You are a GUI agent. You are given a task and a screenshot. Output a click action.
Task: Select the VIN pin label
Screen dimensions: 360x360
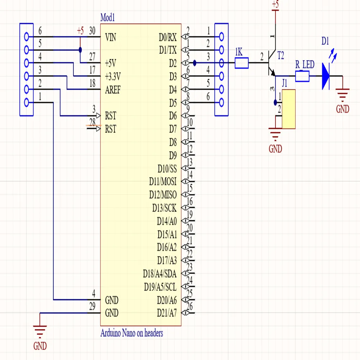click(111, 37)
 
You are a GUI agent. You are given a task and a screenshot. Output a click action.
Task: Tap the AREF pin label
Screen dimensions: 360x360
click(113, 90)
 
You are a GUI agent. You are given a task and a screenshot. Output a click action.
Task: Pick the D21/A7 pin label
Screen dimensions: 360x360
click(167, 312)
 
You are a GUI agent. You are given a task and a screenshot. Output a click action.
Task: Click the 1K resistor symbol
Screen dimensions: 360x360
click(242, 63)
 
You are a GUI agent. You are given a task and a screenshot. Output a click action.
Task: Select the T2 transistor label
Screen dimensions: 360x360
click(281, 55)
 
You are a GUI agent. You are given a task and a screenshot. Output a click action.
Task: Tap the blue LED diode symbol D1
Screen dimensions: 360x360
click(325, 76)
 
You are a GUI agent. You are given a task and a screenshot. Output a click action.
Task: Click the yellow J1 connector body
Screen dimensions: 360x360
click(289, 109)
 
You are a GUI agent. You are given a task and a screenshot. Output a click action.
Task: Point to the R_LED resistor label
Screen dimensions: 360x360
click(305, 65)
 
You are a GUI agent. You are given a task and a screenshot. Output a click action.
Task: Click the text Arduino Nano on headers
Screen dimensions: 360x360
click(131, 333)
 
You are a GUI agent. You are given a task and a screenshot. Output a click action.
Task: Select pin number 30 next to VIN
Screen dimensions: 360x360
click(92, 31)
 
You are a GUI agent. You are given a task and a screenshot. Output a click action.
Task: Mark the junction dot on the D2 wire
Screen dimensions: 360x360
click(194, 63)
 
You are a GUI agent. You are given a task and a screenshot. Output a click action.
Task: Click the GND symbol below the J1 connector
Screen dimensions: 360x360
click(275, 137)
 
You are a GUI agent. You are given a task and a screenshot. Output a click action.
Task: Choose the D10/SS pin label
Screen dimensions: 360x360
click(167, 168)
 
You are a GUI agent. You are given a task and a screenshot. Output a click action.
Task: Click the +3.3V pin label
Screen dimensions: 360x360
click(113, 76)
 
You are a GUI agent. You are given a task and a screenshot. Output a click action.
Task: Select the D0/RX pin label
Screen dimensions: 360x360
click(168, 37)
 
